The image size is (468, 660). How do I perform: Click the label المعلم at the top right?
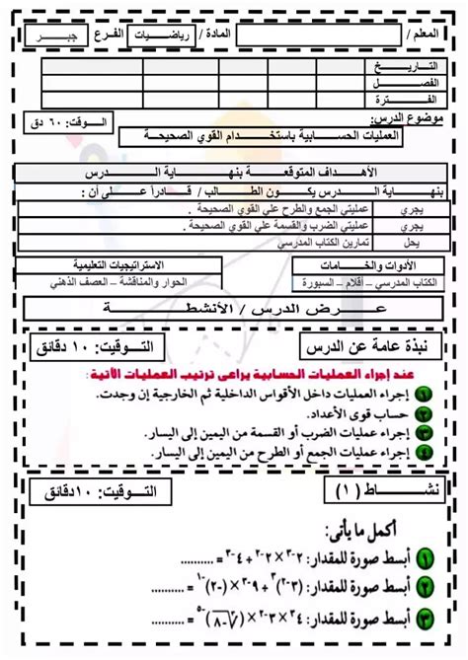430,36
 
